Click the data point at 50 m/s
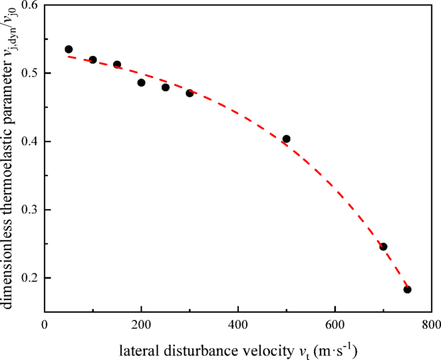click(x=69, y=49)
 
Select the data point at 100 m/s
click(x=92, y=60)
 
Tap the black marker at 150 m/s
click(x=117, y=65)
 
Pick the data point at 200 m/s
click(x=141, y=83)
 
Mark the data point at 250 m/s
click(x=166, y=87)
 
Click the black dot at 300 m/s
click(x=190, y=93)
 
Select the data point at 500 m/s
click(x=287, y=139)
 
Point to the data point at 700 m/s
click(x=383, y=247)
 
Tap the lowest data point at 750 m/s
click(x=408, y=289)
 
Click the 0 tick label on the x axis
click(x=45, y=325)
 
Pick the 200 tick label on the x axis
click(x=141, y=325)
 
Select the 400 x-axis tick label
click(x=238, y=325)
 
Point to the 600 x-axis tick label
click(x=335, y=325)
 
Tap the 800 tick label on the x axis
click(x=431, y=325)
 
